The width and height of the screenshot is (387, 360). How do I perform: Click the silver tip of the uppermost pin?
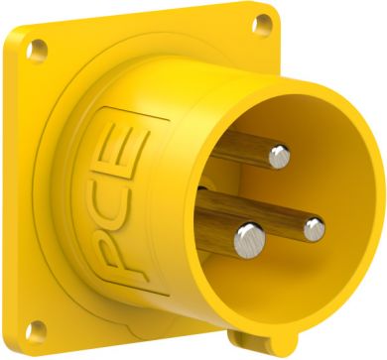pyautogui.click(x=281, y=154)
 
